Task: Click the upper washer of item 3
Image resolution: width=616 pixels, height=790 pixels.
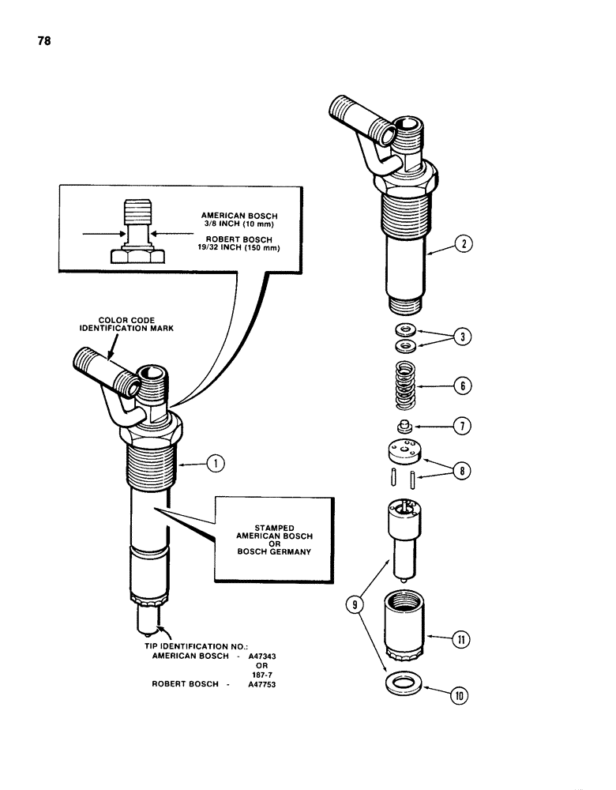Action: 405,329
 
